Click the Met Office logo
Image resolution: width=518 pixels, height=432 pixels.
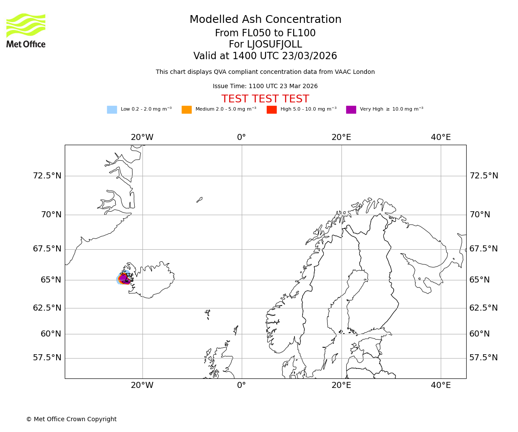26,30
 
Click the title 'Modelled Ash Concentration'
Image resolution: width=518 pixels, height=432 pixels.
265,20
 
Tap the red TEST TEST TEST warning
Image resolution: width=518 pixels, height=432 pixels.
265,99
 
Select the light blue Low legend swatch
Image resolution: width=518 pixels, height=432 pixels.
112,110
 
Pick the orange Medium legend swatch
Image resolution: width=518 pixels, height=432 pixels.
186,110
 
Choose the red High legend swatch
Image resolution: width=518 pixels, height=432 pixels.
272,110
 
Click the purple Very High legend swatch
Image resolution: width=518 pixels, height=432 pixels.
351,110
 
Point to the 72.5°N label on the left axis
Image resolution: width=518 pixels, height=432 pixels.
47,176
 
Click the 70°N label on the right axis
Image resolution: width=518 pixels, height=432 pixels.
480,215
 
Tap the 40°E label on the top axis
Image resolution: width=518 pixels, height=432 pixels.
441,137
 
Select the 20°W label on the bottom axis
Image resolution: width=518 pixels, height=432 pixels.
142,385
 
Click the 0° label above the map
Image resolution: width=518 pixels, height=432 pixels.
241,137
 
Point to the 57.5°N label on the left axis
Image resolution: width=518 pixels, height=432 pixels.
47,358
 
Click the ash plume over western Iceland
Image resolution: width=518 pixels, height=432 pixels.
123,279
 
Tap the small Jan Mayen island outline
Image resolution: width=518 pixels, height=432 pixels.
199,200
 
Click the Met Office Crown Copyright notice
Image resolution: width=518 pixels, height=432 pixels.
71,419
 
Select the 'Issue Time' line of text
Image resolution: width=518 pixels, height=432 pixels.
265,86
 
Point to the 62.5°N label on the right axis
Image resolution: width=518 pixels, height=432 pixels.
483,308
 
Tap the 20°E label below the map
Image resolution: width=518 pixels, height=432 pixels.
341,385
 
